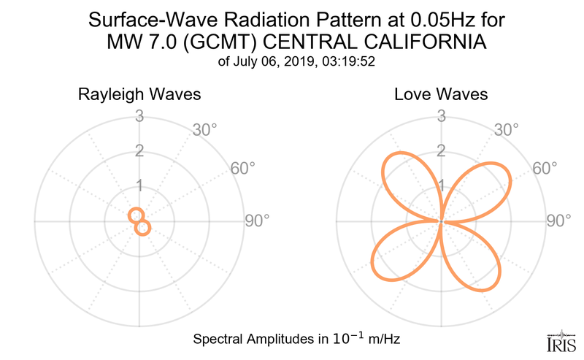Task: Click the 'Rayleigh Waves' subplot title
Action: tap(140, 95)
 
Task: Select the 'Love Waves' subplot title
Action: tap(441, 95)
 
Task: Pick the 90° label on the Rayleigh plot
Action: tap(257, 221)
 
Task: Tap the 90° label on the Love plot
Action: tap(558, 221)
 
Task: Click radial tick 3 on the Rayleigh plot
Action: tap(139, 115)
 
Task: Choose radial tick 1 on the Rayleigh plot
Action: tap(139, 185)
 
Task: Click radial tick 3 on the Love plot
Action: tap(441, 115)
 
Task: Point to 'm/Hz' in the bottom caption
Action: tap(381, 340)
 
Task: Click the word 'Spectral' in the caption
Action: tap(217, 340)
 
